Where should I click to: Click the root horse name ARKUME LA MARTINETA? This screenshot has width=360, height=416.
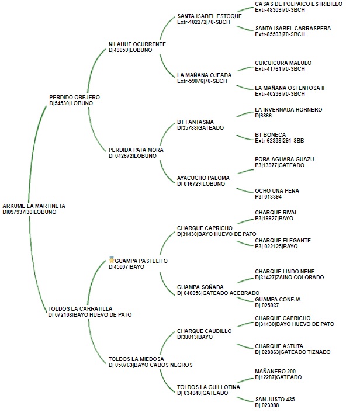coord(34,206)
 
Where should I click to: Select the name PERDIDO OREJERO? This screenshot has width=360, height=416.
coord(75,97)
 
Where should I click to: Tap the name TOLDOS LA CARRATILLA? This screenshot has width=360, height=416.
coord(81,308)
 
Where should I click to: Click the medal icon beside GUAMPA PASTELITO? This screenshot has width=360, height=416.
coord(111,259)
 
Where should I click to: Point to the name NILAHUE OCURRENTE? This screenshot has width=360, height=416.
coord(137,44)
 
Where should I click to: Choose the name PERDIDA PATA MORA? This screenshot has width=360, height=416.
coord(136,150)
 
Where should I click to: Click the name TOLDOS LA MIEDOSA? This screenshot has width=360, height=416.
coord(136,358)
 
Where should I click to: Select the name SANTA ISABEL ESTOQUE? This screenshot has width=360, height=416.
coord(209,16)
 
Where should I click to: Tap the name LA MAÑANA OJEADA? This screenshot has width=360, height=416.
coord(204,75)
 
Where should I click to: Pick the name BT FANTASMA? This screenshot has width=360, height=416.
coord(195,122)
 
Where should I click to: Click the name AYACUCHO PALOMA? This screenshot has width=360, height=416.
coord(203,177)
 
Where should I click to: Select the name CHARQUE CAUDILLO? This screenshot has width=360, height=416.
coord(204,331)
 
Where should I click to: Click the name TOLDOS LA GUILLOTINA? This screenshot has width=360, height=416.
coord(209,387)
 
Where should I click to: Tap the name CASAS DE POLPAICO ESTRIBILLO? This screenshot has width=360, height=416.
coord(299,4)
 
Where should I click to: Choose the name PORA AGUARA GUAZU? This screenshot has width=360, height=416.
coord(285,158)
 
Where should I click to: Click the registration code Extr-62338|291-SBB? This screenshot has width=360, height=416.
coord(282,141)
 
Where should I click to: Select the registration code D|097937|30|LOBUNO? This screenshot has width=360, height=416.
coord(29,212)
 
